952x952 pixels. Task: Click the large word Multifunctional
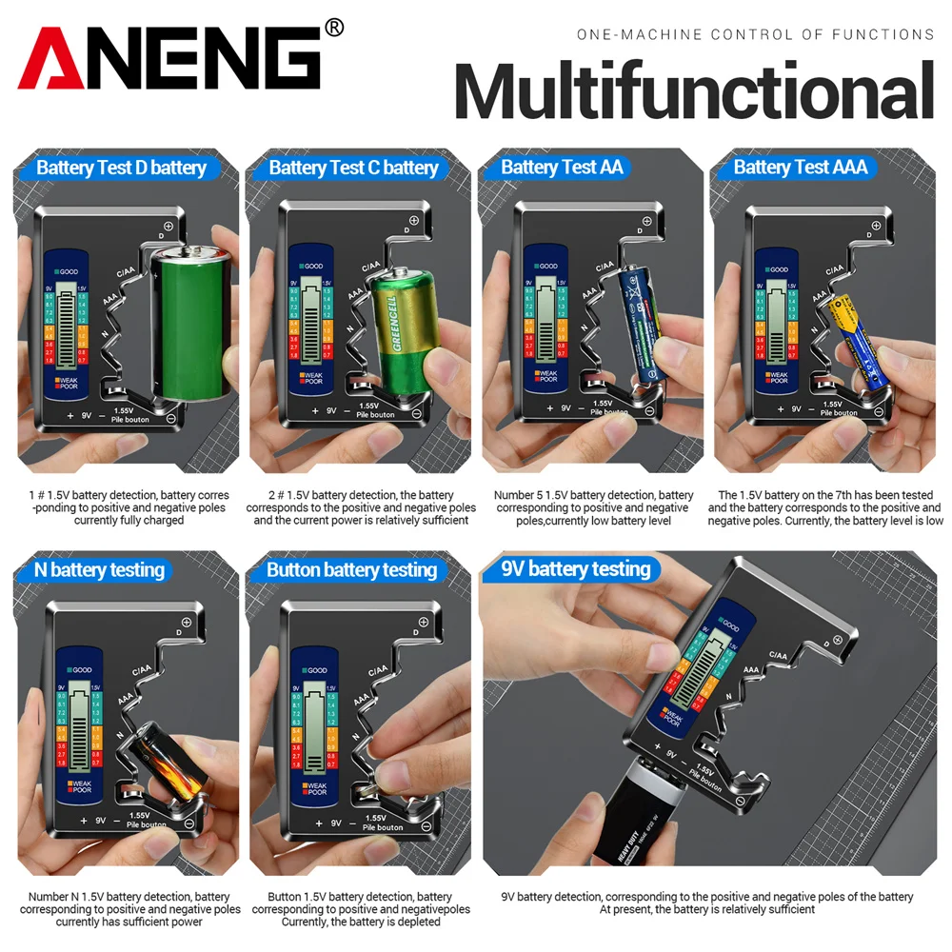(693, 92)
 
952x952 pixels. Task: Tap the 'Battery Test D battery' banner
(121, 169)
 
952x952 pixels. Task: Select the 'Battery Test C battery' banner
(353, 169)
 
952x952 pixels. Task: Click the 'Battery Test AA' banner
(562, 168)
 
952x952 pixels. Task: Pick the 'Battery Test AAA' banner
(801, 168)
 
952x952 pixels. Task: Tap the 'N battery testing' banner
(99, 570)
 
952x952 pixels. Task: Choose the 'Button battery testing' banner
(351, 570)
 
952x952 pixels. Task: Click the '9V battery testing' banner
(575, 569)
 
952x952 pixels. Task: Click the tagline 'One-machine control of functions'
(755, 34)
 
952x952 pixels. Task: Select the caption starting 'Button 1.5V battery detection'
(361, 909)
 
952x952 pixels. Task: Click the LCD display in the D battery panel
(66, 325)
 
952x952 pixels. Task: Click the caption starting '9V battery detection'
(706, 902)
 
